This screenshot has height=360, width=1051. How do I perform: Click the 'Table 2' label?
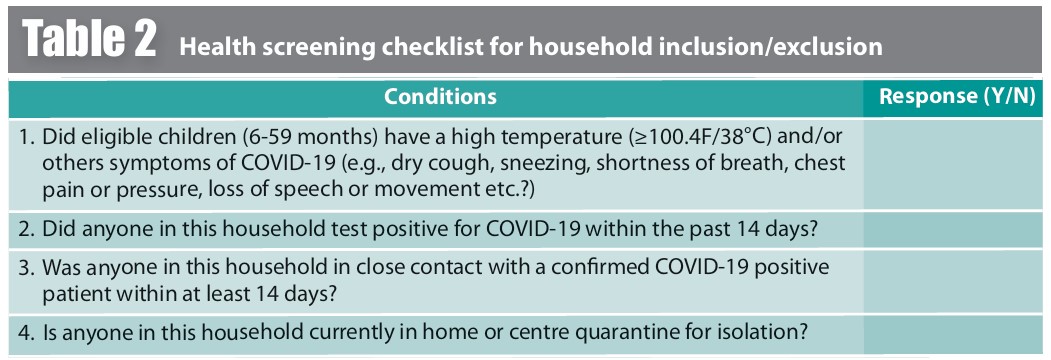coord(89,39)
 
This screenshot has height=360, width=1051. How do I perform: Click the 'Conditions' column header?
coord(440,97)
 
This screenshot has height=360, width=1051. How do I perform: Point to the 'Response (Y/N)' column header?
coord(956,97)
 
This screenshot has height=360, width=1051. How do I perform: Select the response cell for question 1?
coord(956,164)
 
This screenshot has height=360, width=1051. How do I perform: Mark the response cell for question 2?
coord(956,229)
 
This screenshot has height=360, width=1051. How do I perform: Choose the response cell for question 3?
coord(956,281)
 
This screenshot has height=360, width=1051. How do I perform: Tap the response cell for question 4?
coord(956,333)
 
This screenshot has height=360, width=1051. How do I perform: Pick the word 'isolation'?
coord(761,333)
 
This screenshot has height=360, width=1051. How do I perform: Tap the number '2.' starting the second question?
coord(27,229)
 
